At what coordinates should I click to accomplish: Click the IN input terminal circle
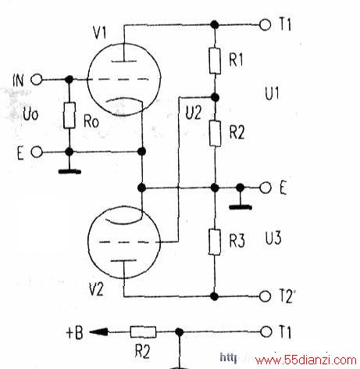[x=37, y=80]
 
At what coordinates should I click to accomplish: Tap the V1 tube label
[x=100, y=33]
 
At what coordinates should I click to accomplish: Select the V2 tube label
[x=96, y=289]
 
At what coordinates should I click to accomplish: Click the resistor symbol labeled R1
[x=215, y=61]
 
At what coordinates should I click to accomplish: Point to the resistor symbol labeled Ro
[x=70, y=115]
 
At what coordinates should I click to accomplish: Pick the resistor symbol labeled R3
[x=215, y=242]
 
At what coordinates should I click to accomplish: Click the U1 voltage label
[x=272, y=93]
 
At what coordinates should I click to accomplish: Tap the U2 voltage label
[x=194, y=113]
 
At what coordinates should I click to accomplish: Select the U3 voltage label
[x=273, y=238]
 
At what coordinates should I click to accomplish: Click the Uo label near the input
[x=30, y=114]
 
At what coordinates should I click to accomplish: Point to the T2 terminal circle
[x=266, y=296]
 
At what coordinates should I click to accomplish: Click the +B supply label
[x=74, y=332]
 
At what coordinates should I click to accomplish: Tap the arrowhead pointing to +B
[x=98, y=332]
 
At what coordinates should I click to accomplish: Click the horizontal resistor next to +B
[x=143, y=332]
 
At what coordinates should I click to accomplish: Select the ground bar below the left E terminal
[x=70, y=172]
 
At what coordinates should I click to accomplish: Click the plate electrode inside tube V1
[x=124, y=62]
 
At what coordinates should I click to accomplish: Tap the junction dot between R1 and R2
[x=215, y=98]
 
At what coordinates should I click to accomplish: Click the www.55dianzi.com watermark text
[x=306, y=360]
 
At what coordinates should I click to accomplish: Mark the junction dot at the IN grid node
[x=69, y=79]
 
